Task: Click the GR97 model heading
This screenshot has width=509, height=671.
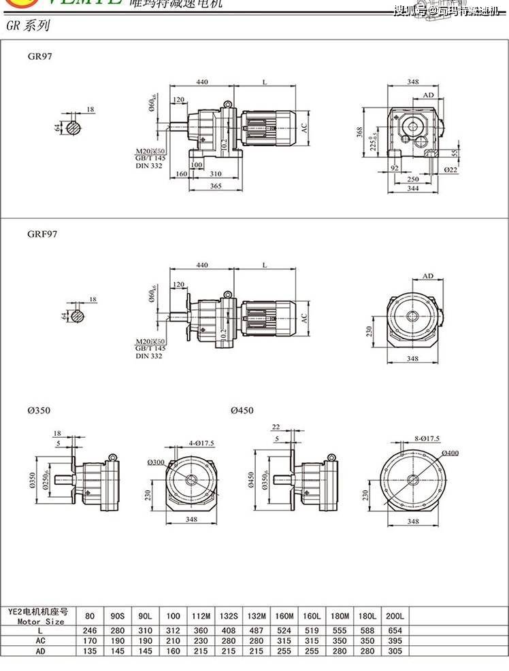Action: tap(40, 56)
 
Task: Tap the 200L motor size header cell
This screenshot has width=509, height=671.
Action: tap(395, 616)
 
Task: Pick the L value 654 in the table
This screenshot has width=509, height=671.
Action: tap(395, 630)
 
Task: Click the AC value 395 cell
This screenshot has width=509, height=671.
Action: tap(395, 640)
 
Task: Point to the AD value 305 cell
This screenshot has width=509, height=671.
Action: tap(395, 651)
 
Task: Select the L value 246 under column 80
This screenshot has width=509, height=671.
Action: tap(90, 630)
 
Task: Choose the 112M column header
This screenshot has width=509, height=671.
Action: tap(201, 616)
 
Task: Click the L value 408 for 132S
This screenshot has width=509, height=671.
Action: tap(227, 630)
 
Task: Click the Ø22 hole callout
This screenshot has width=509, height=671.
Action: tap(450, 169)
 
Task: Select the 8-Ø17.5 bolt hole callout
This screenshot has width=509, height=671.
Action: tap(427, 439)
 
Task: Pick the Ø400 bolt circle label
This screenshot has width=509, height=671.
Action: tap(450, 453)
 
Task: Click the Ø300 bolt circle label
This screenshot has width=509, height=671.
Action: tap(155, 462)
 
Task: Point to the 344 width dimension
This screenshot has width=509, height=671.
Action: tap(412, 188)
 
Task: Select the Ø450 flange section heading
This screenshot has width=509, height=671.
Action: tap(242, 411)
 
